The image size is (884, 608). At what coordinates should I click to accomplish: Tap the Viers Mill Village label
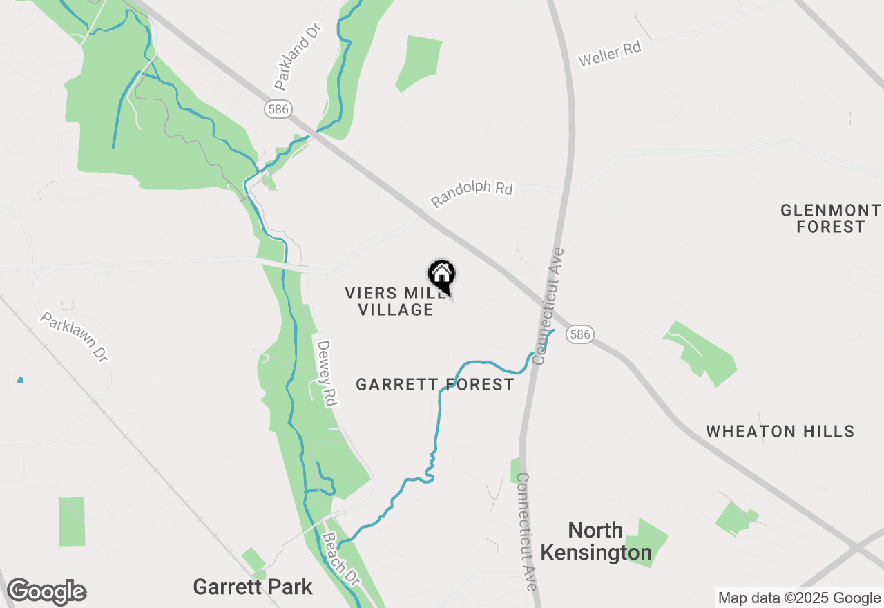pyautogui.click(x=396, y=301)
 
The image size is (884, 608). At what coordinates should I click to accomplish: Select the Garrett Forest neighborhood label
pyautogui.click(x=435, y=384)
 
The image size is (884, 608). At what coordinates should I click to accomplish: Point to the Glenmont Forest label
pyautogui.click(x=831, y=218)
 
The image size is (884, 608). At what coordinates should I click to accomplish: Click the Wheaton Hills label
pyautogui.click(x=780, y=432)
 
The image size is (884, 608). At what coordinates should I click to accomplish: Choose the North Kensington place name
pyautogui.click(x=596, y=542)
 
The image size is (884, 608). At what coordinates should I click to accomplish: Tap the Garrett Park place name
pyautogui.click(x=253, y=587)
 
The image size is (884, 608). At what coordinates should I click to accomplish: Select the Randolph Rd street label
pyautogui.click(x=472, y=193)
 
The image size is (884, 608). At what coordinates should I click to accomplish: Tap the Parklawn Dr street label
pyautogui.click(x=74, y=337)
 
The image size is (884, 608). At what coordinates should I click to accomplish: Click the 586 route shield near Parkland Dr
pyautogui.click(x=277, y=108)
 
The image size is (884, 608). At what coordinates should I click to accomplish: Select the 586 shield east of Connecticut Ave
pyautogui.click(x=580, y=334)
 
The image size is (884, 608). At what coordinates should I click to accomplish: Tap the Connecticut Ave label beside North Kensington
pyautogui.click(x=526, y=531)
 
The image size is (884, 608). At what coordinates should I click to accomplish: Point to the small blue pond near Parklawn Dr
pyautogui.click(x=20, y=380)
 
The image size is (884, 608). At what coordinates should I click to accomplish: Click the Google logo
pyautogui.click(x=46, y=591)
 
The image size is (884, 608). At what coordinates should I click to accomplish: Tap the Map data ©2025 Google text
pyautogui.click(x=799, y=598)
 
